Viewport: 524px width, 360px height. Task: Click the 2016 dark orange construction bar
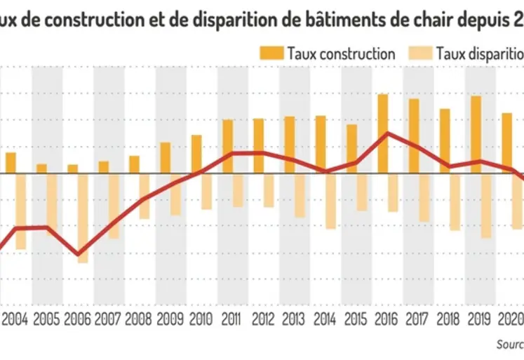coord(382,133)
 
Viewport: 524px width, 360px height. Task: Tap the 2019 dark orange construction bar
coord(476,134)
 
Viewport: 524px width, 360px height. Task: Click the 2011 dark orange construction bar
coord(227,146)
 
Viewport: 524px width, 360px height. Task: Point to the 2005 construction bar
coord(41,168)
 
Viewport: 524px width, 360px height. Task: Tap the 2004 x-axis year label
coord(15,320)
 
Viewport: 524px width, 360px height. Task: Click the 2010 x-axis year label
coord(202,320)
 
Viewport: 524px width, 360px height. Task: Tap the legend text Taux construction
coord(341,53)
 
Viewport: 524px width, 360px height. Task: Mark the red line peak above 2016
coord(387,133)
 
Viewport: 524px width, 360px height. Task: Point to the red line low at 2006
coord(78,254)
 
